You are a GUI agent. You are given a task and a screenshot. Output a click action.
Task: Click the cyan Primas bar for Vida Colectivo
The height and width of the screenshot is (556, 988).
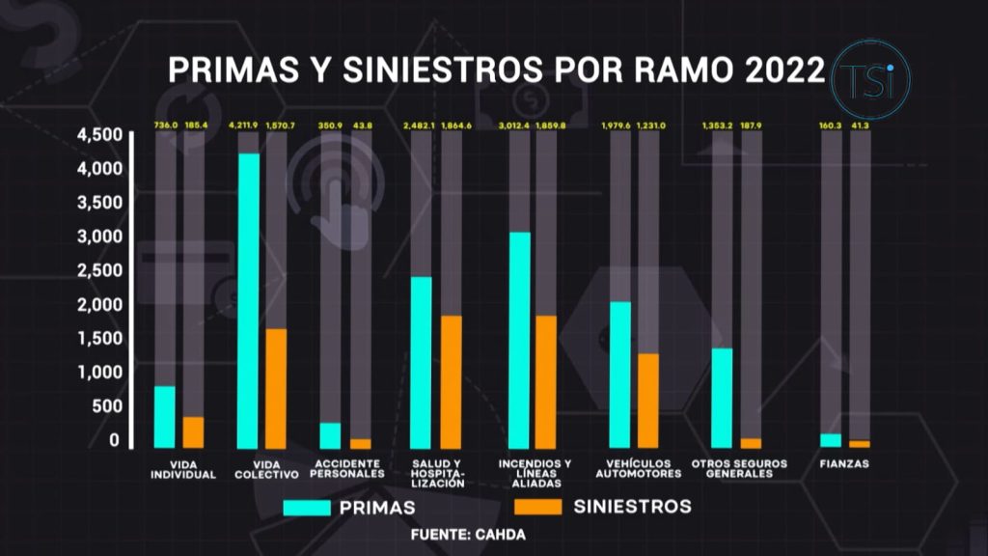(249, 300)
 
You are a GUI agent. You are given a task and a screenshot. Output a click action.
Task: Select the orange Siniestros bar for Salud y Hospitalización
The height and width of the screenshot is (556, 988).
(451, 381)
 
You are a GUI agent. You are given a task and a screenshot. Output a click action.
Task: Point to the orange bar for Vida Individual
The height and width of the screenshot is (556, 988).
(194, 431)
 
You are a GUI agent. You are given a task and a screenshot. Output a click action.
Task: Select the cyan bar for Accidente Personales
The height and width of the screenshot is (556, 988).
(331, 435)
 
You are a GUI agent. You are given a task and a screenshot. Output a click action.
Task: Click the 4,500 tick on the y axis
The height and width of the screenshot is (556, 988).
(98, 135)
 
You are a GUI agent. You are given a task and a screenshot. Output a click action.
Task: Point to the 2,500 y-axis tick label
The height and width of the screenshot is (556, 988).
(98, 270)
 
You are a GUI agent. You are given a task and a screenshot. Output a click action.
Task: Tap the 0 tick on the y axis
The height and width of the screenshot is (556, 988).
(114, 440)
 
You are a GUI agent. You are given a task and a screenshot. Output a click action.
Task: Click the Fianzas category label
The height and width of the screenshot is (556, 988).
(844, 464)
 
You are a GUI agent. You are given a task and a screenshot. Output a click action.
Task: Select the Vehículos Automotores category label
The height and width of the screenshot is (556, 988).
(638, 469)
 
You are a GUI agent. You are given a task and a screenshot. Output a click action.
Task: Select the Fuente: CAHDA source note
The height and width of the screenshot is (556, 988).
(469, 534)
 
